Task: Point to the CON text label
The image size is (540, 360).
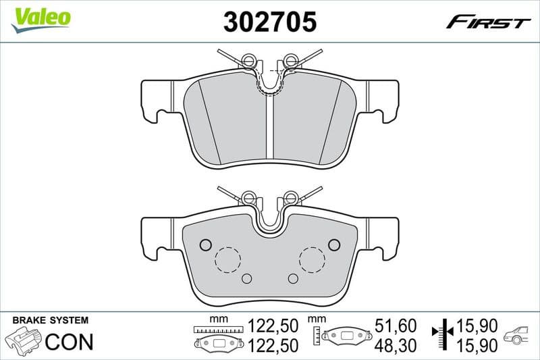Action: [69, 342]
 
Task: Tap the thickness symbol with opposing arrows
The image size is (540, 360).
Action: [443, 335]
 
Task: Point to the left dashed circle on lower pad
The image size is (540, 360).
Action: [227, 259]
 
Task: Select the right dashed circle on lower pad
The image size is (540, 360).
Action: [312, 259]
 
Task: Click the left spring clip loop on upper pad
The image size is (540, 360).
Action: [248, 61]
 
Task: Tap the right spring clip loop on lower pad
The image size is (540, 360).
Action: [291, 197]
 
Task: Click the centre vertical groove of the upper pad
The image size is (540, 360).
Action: [269, 128]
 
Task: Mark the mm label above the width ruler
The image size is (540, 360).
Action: [216, 319]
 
